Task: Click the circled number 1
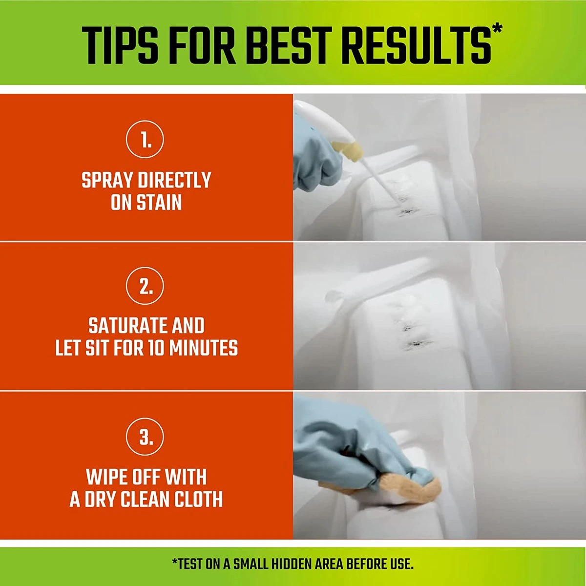(x=145, y=140)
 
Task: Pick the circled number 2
(x=145, y=286)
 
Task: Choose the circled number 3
(x=145, y=437)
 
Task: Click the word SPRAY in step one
(x=107, y=180)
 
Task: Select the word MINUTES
(x=204, y=348)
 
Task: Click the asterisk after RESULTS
(x=497, y=30)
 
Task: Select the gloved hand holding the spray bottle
(x=316, y=158)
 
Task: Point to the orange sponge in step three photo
(x=404, y=485)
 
